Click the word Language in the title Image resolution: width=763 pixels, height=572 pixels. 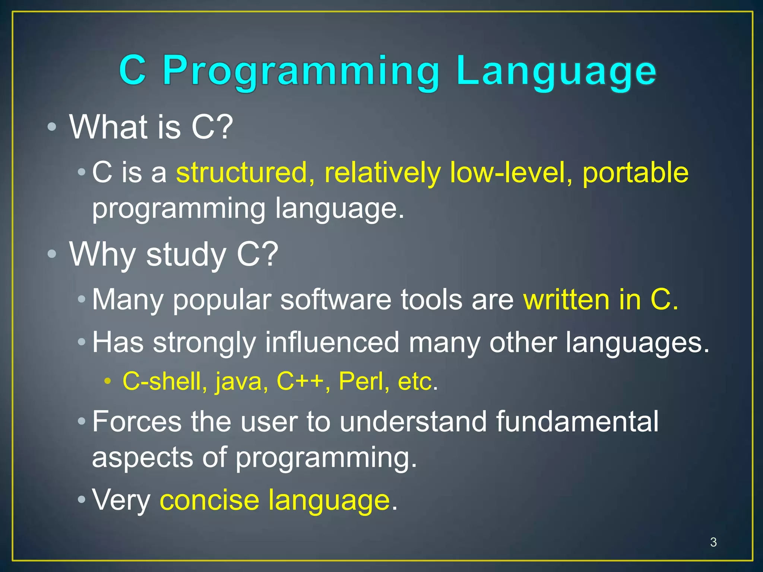coord(556,71)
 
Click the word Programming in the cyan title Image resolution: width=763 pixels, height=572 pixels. coord(301,71)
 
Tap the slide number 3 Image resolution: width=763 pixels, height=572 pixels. coord(713,542)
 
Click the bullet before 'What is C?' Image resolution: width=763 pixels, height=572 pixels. coord(52,127)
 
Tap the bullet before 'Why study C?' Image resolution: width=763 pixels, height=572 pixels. coord(52,254)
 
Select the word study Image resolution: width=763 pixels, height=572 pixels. coord(186,255)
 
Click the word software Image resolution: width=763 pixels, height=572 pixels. coord(336,299)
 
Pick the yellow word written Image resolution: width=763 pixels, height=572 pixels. coord(566,299)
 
